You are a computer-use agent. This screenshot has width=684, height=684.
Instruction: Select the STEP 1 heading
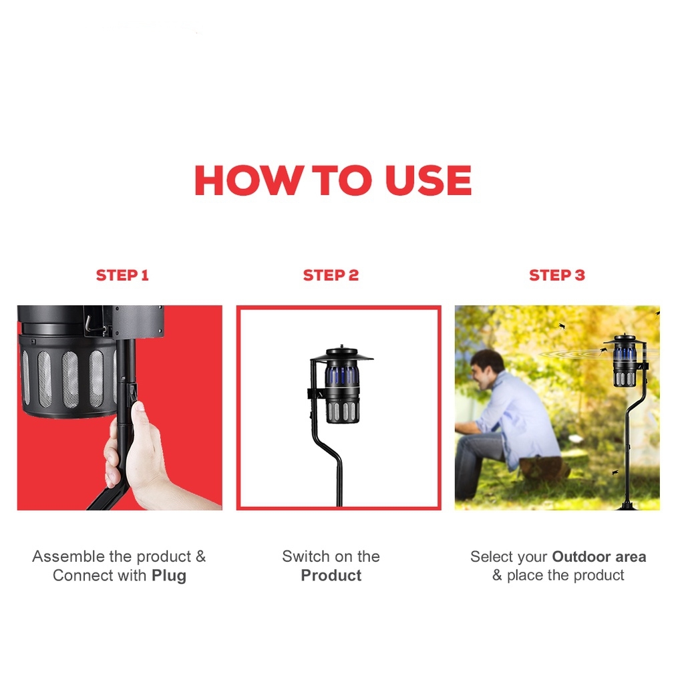122,275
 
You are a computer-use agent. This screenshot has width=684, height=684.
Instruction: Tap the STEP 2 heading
331,275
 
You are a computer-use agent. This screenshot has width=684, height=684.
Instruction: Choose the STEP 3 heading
556,275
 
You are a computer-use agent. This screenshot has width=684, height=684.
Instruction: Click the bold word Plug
169,576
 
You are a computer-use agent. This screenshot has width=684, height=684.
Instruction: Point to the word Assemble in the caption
68,556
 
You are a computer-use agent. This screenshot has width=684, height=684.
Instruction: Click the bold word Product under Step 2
331,576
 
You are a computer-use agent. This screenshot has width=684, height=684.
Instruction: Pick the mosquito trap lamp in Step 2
341,387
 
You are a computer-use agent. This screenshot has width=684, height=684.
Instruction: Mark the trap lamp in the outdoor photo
625,364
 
